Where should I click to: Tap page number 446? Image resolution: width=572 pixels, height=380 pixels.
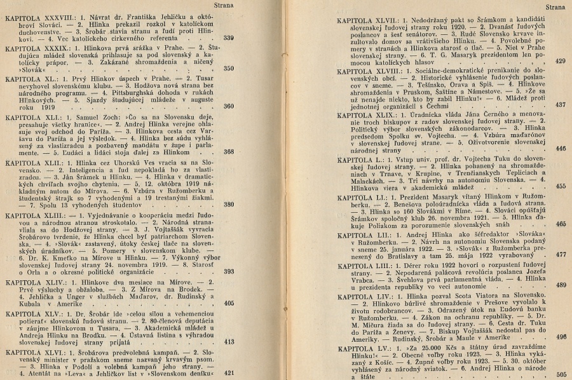[560, 149]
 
